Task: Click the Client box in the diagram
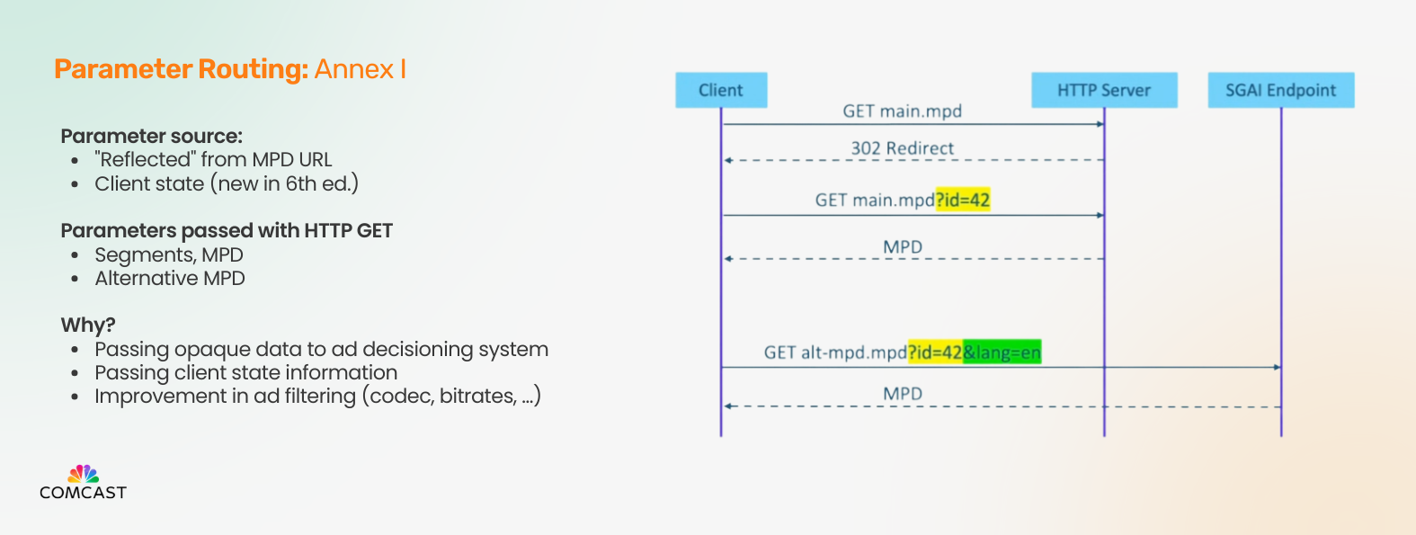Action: (x=721, y=90)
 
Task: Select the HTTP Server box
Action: (x=1104, y=90)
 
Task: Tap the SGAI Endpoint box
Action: (x=1281, y=90)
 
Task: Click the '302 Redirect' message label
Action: (x=902, y=148)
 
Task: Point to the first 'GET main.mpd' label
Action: (x=902, y=111)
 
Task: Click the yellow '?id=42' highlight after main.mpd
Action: (x=963, y=200)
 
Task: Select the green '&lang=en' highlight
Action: (x=1002, y=352)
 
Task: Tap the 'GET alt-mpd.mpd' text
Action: (x=835, y=352)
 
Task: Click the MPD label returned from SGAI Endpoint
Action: (x=902, y=393)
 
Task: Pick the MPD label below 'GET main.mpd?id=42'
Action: (x=902, y=246)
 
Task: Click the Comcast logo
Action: (x=83, y=483)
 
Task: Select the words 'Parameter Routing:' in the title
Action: (x=182, y=69)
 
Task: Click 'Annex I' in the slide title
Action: (x=360, y=69)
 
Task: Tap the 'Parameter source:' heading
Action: (x=152, y=136)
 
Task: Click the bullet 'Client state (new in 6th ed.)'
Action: (x=227, y=183)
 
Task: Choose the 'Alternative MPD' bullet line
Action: (x=170, y=278)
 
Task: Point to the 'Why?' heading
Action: (x=88, y=325)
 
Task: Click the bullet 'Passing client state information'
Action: (x=246, y=372)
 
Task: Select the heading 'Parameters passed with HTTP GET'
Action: (x=227, y=231)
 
